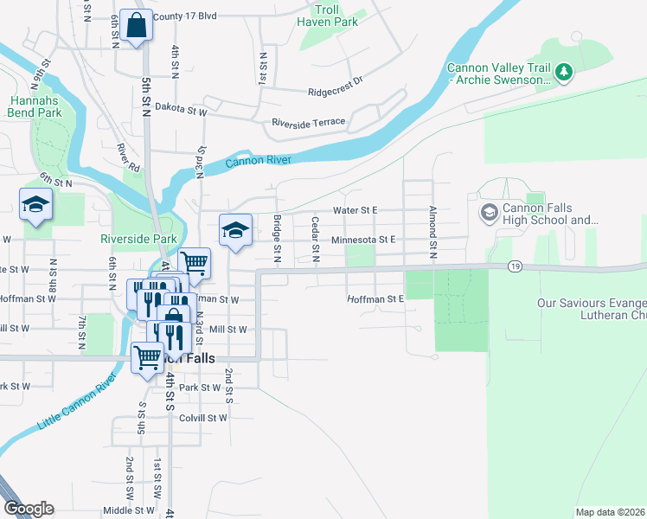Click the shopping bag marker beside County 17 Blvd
(136, 26)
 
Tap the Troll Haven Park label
(326, 15)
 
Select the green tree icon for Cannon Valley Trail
(564, 72)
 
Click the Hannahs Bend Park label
(35, 106)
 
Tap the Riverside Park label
(138, 239)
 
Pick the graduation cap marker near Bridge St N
(235, 231)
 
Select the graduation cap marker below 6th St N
(36, 206)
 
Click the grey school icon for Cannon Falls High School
(489, 212)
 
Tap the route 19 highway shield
(515, 266)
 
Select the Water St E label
(356, 210)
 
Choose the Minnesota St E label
(363, 239)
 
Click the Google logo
(28, 509)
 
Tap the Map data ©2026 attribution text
(609, 512)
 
